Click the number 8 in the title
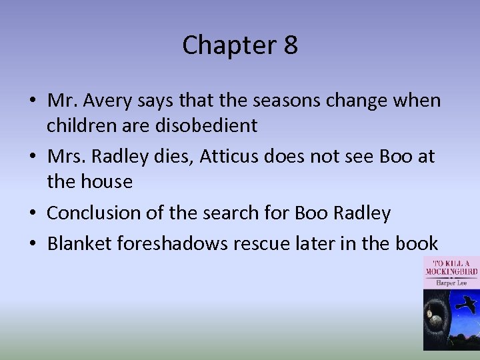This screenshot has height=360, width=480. pyautogui.click(x=290, y=45)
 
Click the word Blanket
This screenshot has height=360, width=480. pyautogui.click(x=79, y=243)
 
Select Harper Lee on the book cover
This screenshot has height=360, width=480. pyautogui.click(x=451, y=282)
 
